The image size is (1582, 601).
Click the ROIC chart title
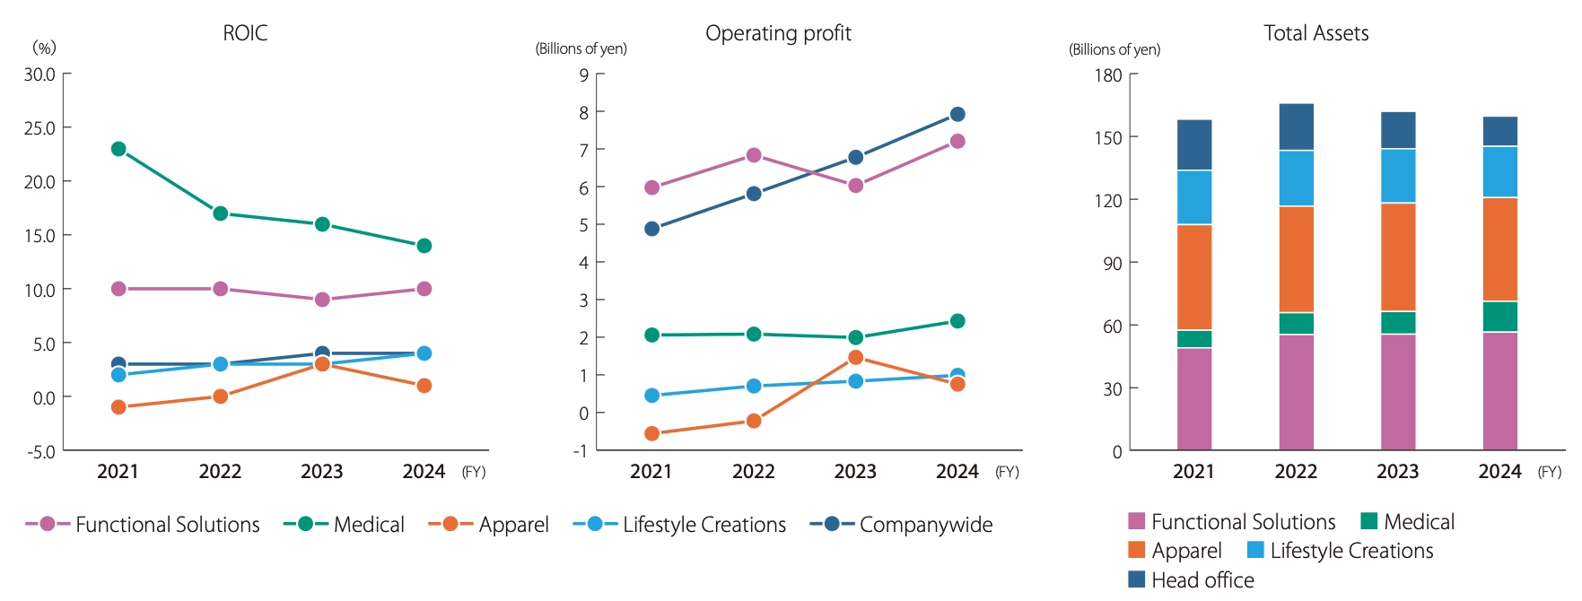(x=245, y=33)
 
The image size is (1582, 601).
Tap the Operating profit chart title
(x=778, y=33)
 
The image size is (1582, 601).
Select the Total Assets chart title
(x=1315, y=33)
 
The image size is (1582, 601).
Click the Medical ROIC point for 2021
(x=118, y=149)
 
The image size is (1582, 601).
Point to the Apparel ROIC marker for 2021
(x=118, y=407)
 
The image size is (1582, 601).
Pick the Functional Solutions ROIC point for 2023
(x=322, y=300)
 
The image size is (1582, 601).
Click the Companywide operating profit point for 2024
(x=957, y=114)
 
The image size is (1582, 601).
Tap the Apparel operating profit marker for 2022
(x=754, y=421)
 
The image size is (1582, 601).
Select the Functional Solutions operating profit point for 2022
(x=754, y=155)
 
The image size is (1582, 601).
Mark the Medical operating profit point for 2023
(x=856, y=337)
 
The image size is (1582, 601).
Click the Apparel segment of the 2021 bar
(x=1194, y=277)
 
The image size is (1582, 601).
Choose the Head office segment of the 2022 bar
(x=1297, y=126)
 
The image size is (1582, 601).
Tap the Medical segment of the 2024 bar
(x=1500, y=317)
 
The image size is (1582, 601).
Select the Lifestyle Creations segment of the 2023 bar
(x=1398, y=176)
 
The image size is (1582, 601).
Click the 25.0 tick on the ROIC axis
(x=39, y=128)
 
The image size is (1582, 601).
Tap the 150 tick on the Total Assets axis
(x=1108, y=137)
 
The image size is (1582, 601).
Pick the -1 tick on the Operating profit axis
(x=581, y=451)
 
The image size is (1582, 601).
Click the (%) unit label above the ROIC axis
(x=44, y=48)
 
